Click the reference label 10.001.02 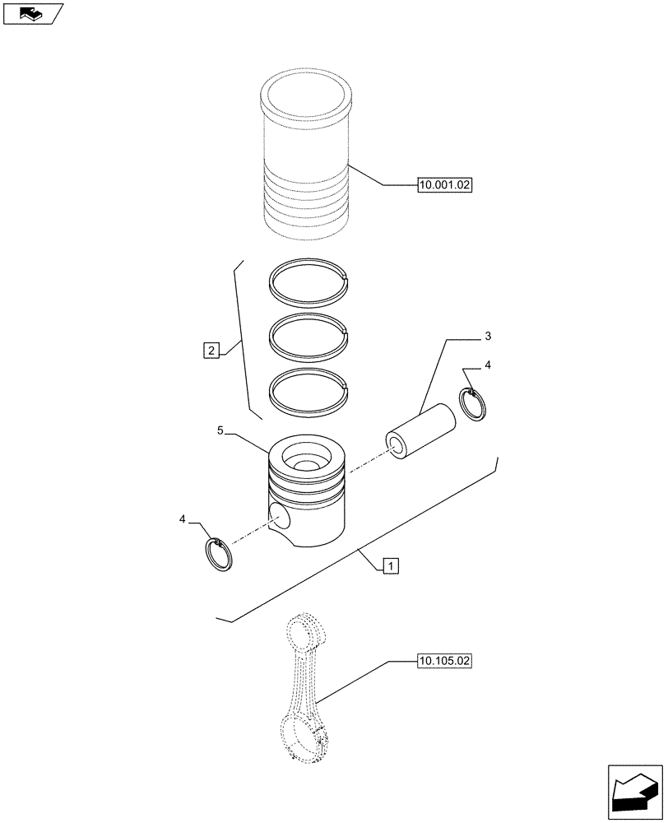pyautogui.click(x=444, y=186)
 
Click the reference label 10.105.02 pyautogui.click(x=444, y=661)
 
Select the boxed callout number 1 pyautogui.click(x=391, y=565)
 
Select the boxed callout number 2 pyautogui.click(x=212, y=351)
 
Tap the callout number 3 pyautogui.click(x=487, y=337)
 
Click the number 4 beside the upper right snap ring pyautogui.click(x=487, y=365)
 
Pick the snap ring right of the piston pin pyautogui.click(x=475, y=404)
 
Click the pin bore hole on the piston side pyautogui.click(x=280, y=518)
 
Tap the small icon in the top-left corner pyautogui.click(x=32, y=13)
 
